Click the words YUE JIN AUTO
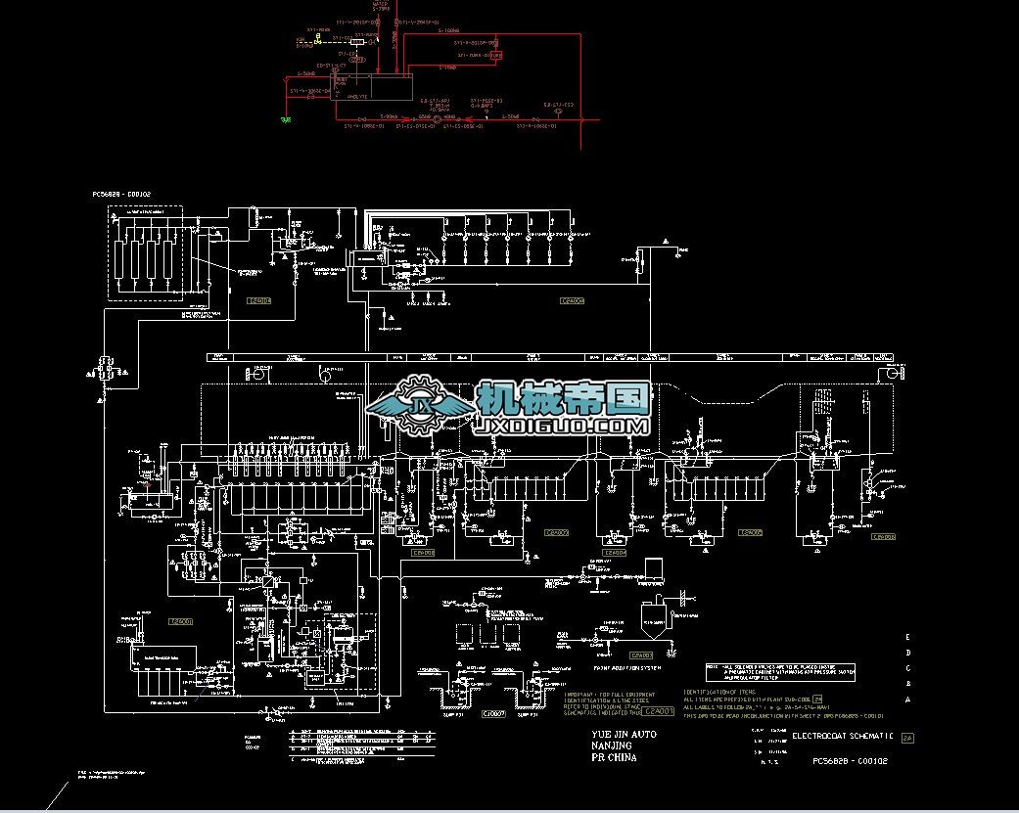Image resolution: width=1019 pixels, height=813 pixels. coord(624,734)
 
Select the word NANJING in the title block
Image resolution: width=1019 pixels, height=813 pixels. coord(612,745)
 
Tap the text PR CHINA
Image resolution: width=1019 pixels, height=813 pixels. coord(614,757)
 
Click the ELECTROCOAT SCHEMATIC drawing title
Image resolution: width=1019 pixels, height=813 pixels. coord(843,736)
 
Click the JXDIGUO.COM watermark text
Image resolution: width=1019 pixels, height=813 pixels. coord(562,428)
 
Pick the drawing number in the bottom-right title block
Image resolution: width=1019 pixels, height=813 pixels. coord(850,760)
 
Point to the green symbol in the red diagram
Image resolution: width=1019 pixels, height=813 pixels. coord(286,120)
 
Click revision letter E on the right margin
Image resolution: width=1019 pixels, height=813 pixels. coord(908,636)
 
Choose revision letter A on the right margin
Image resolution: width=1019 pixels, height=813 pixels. coord(908,700)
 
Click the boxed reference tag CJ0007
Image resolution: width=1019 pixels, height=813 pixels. coord(493,714)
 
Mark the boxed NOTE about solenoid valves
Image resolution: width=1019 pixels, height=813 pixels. coord(781,672)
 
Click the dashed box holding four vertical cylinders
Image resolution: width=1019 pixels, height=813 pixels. coord(144,253)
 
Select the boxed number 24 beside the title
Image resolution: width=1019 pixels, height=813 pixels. coord(906,738)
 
